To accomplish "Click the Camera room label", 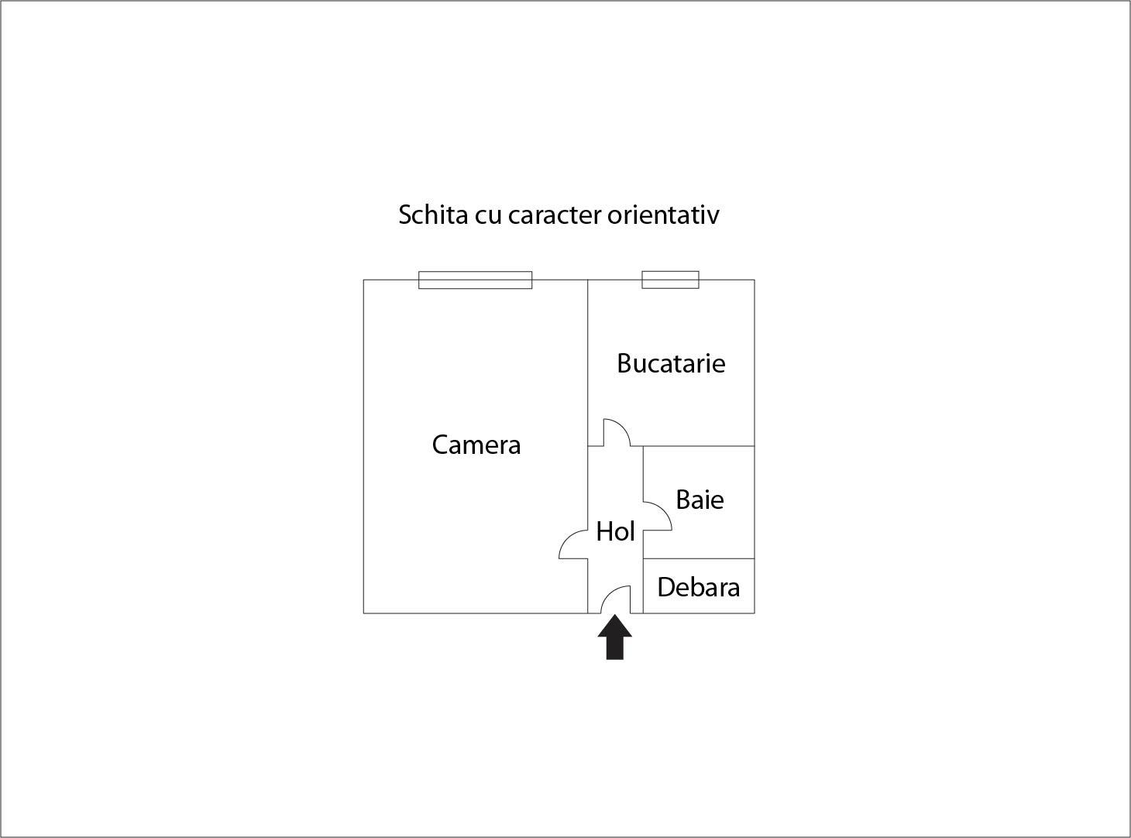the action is pos(476,445).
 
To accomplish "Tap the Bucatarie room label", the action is pos(671,363).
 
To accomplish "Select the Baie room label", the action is pos(700,500).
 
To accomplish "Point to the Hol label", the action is pos(615,531).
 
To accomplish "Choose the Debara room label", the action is pos(698,587).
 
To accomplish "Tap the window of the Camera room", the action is pos(475,280).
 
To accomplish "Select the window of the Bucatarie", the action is pos(670,280).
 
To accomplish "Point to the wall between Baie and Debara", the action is pos(699,558).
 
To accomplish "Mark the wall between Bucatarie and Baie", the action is pos(699,446).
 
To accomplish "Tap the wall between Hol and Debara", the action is pos(644,586).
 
